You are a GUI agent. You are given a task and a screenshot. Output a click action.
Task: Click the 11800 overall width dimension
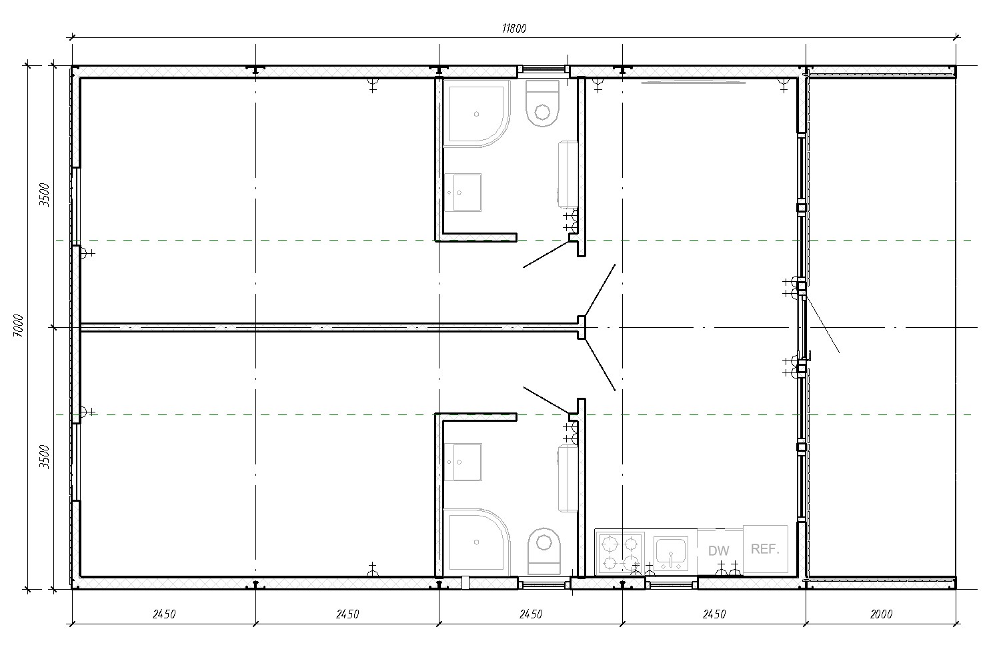tap(514, 29)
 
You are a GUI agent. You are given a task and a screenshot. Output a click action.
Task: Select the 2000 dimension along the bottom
tap(881, 614)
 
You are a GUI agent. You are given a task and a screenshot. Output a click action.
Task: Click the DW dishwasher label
tap(719, 551)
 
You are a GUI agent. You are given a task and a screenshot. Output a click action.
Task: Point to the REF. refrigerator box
tap(765, 549)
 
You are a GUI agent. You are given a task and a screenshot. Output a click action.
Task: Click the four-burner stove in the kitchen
tap(620, 554)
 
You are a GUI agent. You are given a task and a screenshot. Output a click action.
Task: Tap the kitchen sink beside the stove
tap(670, 554)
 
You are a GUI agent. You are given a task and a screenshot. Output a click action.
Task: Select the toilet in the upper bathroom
tap(542, 103)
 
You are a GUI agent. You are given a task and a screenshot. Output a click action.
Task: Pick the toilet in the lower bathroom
tap(544, 552)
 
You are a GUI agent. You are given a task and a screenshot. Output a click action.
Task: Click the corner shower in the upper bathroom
tap(476, 114)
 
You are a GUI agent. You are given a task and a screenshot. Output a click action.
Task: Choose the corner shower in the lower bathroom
tap(476, 542)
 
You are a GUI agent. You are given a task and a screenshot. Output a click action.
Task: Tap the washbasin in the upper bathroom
tap(463, 193)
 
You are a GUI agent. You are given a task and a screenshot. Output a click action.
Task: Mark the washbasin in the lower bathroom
tap(463, 462)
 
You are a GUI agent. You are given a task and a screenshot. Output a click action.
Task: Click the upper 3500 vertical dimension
tap(44, 195)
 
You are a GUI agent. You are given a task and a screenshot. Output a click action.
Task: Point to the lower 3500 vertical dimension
tap(44, 456)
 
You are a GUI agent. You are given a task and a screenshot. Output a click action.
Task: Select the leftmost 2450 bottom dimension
tap(164, 614)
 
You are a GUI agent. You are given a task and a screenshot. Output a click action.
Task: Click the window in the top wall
tap(544, 69)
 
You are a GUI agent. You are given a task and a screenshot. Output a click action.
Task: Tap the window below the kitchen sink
tap(671, 583)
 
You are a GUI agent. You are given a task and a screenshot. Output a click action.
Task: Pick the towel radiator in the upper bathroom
tap(568, 175)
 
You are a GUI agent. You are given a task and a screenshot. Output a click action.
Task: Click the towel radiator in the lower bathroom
tap(568, 478)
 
